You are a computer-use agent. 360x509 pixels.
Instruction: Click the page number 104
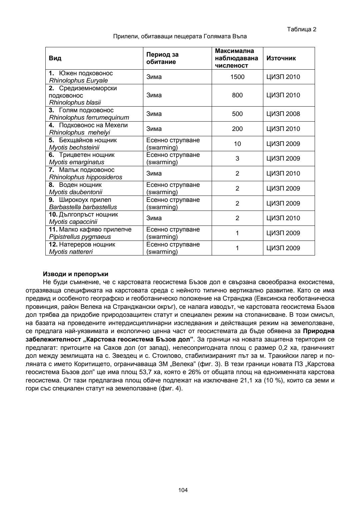point(183,490)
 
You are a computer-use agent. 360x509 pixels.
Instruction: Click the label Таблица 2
point(301,29)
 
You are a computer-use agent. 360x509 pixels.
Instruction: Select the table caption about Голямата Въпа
point(180,36)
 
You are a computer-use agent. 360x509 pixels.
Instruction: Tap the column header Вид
point(55,58)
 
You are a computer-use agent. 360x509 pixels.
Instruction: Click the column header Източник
point(281,58)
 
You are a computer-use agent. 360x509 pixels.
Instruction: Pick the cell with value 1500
point(237,77)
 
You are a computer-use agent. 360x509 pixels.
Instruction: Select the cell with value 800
point(237,95)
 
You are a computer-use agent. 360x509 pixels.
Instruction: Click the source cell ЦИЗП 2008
point(283,114)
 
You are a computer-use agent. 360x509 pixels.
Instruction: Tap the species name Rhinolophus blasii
point(75,103)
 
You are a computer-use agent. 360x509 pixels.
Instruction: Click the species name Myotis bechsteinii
point(74,147)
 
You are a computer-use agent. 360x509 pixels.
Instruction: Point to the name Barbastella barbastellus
point(83,207)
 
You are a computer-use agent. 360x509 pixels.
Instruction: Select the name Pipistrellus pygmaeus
point(80,237)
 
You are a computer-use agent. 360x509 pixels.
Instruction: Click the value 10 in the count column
point(237,144)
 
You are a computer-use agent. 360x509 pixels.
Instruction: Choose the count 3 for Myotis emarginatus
point(237,159)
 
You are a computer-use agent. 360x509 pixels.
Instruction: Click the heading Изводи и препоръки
point(76,274)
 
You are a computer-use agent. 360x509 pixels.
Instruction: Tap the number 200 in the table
point(237,129)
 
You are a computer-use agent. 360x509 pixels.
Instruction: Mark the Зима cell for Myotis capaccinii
point(154,218)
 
